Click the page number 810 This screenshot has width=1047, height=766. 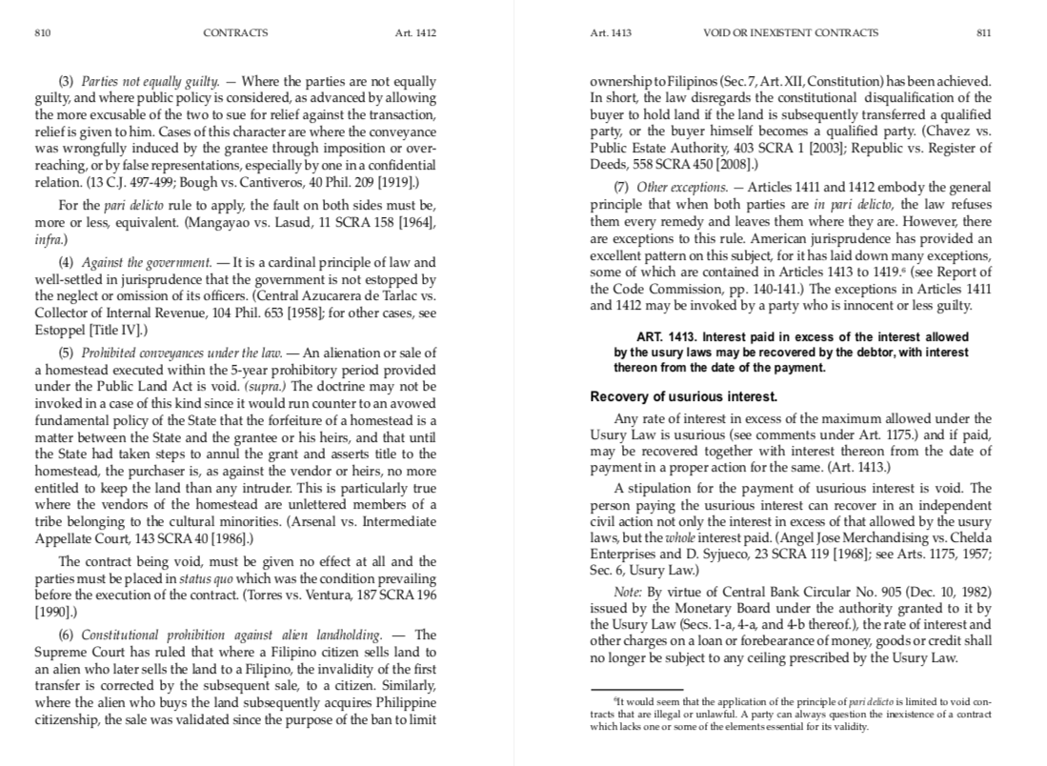click(42, 32)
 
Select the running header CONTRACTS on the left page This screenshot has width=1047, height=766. click(235, 32)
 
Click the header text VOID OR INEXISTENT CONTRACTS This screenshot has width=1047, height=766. click(790, 32)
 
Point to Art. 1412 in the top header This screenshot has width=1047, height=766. click(415, 32)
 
